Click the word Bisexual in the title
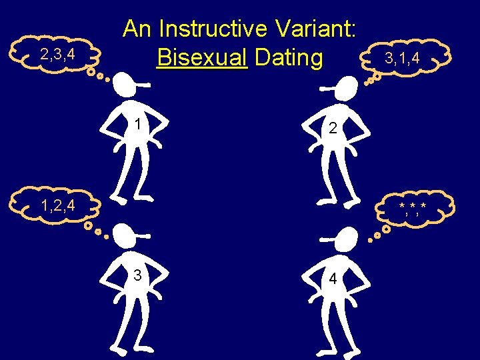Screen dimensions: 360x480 (x=202, y=58)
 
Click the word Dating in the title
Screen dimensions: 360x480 (x=289, y=58)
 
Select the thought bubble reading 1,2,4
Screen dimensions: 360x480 (x=58, y=206)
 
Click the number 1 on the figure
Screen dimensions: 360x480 (x=137, y=125)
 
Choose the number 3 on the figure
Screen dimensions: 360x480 (x=137, y=275)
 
